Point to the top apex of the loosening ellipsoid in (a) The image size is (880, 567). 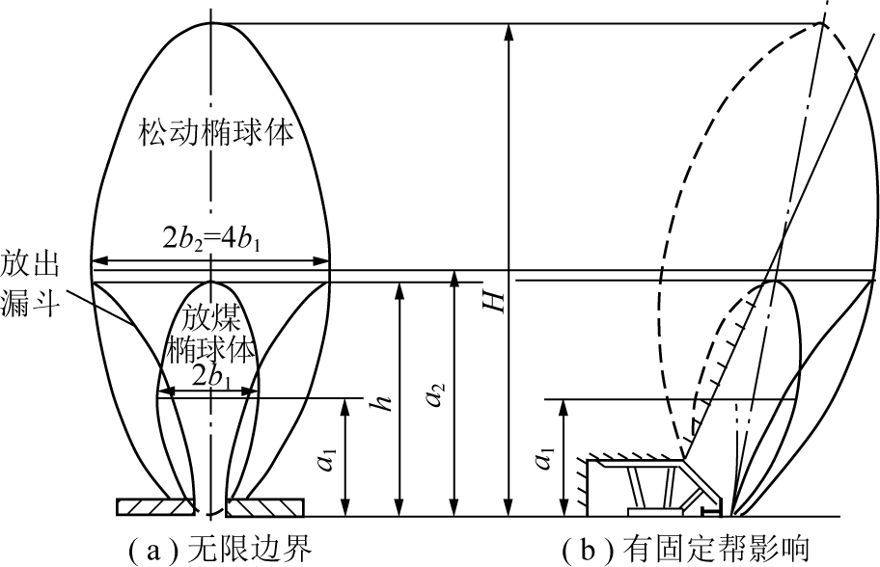tap(210, 21)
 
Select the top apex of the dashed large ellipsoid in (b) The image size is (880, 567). tap(816, 23)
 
